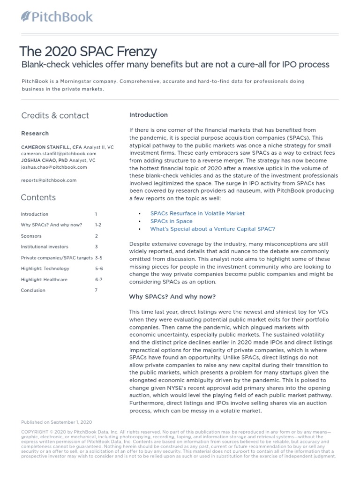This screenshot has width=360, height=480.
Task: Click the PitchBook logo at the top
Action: click(x=57, y=17)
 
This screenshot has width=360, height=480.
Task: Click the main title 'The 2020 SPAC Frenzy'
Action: click(x=88, y=51)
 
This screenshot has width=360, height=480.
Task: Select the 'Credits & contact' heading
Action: click(x=55, y=115)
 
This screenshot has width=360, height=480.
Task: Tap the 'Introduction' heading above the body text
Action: click(x=148, y=115)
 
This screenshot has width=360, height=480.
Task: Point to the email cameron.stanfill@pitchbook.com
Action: click(x=59, y=153)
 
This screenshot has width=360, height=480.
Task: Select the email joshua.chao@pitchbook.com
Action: click(x=54, y=167)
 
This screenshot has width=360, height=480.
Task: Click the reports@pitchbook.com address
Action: click(x=49, y=180)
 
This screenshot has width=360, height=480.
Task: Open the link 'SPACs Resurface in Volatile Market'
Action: click(x=197, y=213)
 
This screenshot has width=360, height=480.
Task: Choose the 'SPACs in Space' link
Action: click(x=171, y=221)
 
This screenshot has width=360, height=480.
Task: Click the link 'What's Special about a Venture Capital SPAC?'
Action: click(x=212, y=229)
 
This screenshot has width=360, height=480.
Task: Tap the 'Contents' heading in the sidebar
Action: click(x=38, y=197)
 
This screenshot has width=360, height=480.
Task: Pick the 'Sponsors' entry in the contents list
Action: click(x=31, y=236)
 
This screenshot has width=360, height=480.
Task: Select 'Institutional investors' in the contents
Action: click(x=44, y=247)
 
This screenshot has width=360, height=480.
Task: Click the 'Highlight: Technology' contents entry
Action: click(x=45, y=269)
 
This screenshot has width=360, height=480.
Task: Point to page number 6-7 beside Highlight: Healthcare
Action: click(x=99, y=279)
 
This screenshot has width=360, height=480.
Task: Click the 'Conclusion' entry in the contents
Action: click(x=33, y=290)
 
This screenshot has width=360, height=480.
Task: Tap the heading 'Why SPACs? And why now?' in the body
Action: click(x=172, y=297)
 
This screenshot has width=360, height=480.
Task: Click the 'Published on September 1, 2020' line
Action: click(x=56, y=422)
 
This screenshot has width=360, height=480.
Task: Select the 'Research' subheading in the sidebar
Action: click(x=35, y=134)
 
